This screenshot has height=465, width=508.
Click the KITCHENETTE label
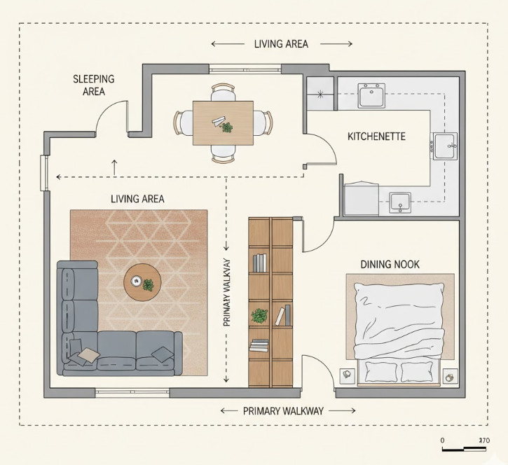click(x=376, y=136)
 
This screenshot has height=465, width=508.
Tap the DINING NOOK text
click(x=390, y=264)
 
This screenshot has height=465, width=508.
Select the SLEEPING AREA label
click(x=93, y=85)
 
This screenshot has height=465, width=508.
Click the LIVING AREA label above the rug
click(x=137, y=199)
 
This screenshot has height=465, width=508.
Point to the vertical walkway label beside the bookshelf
click(x=226, y=301)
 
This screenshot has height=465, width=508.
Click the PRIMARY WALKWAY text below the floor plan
click(x=283, y=411)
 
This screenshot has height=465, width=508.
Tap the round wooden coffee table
click(x=142, y=282)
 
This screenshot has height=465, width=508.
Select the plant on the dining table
click(x=226, y=127)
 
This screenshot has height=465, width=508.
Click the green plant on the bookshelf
click(x=260, y=315)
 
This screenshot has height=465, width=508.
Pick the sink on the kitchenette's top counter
click(x=371, y=95)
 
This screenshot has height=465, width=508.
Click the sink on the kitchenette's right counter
click(x=444, y=146)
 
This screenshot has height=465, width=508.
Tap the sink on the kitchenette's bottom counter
click(x=400, y=202)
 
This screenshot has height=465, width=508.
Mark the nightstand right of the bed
click(x=448, y=377)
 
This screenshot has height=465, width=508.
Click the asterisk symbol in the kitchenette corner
click(x=321, y=94)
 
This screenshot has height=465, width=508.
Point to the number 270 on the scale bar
click(x=483, y=440)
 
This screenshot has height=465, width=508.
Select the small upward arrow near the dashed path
click(x=115, y=167)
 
